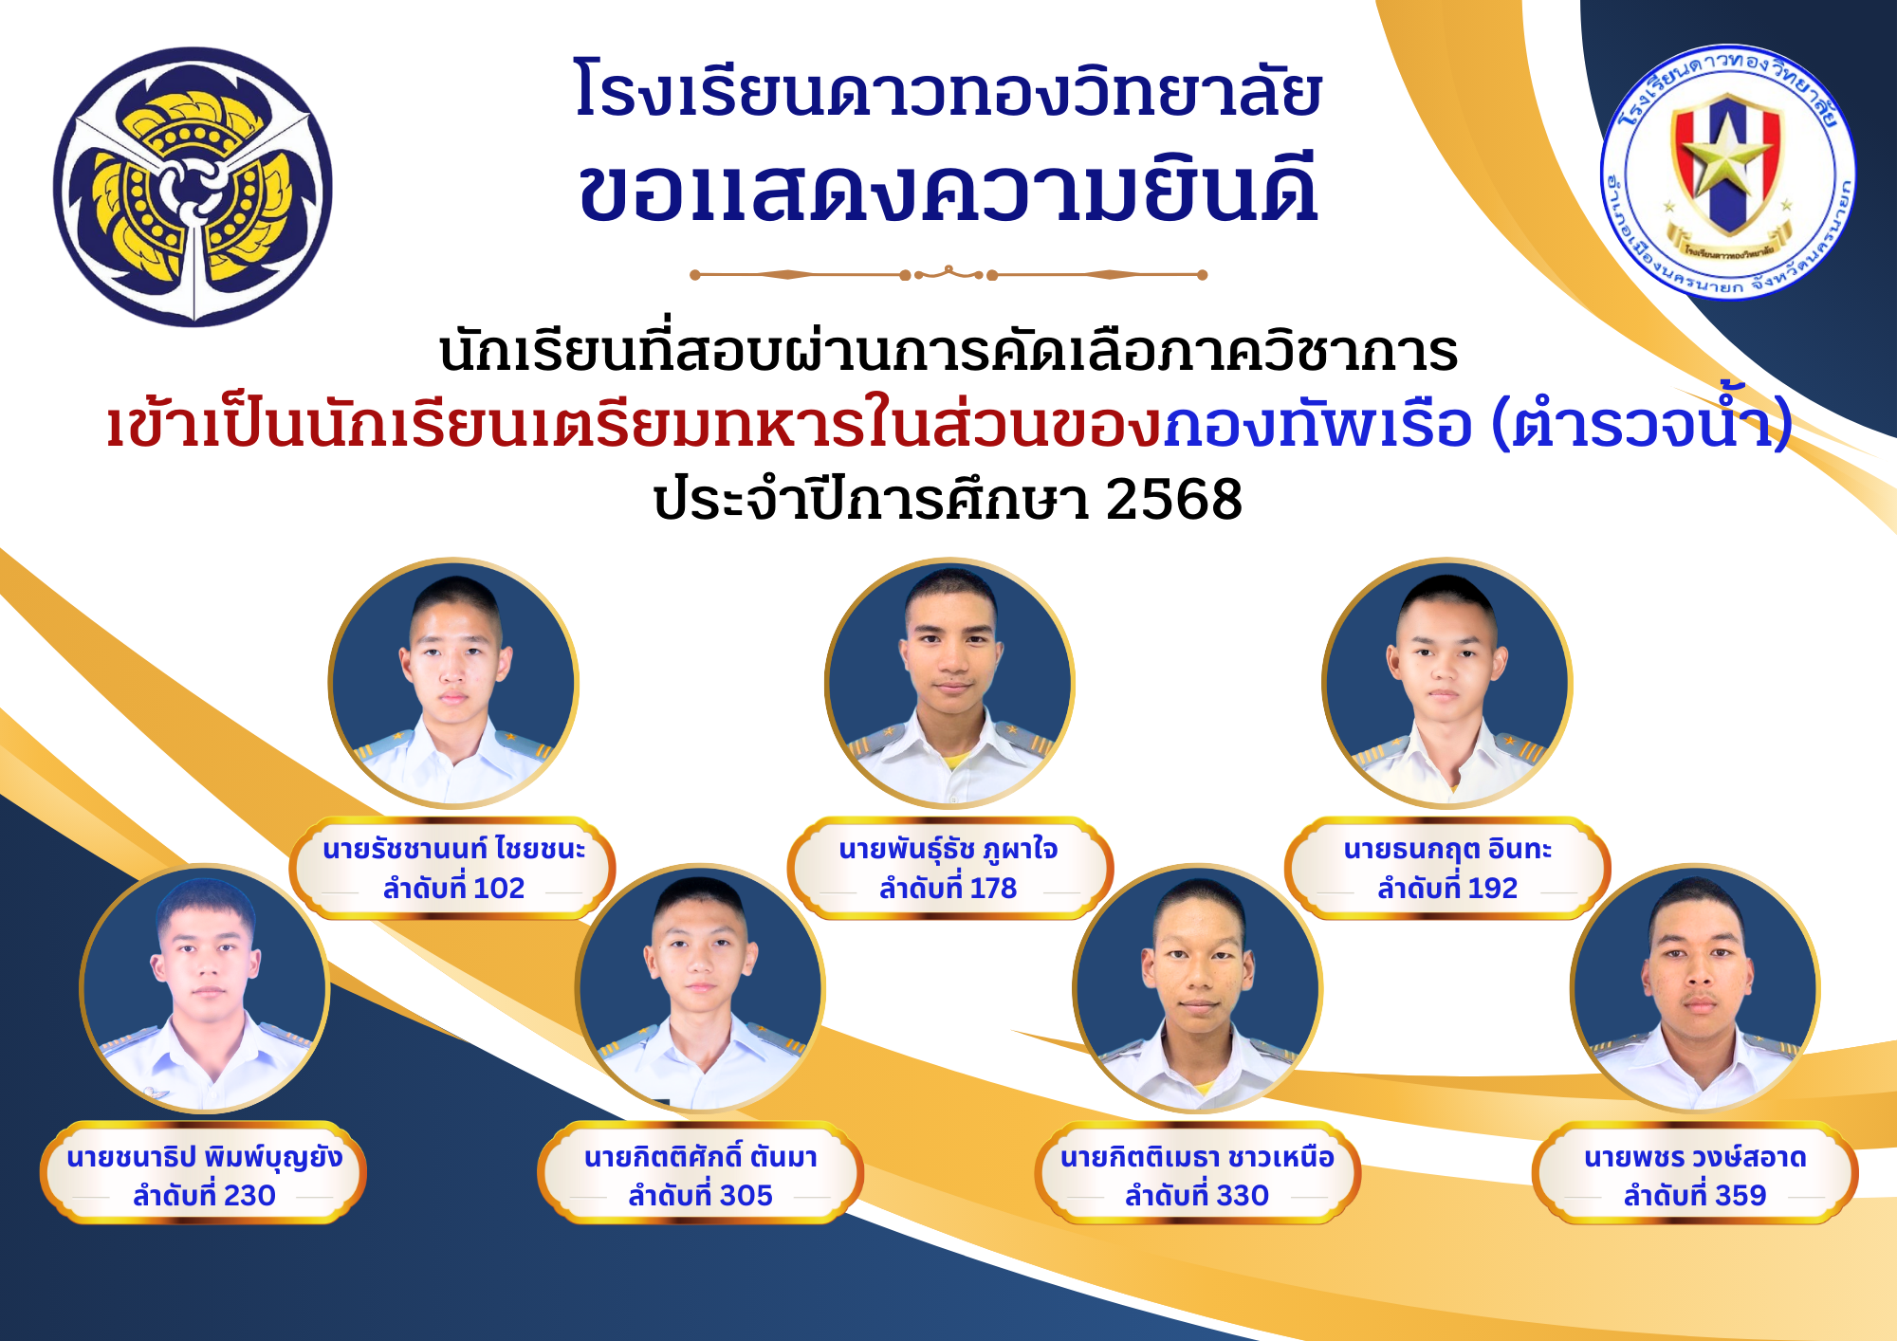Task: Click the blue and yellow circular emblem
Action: (193, 187)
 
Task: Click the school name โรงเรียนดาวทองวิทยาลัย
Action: (948, 90)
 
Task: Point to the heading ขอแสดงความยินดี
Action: (948, 189)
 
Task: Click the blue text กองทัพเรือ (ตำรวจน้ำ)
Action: (1478, 423)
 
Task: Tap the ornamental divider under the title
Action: (948, 275)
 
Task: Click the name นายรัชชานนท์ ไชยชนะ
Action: (453, 849)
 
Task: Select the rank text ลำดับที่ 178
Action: (948, 889)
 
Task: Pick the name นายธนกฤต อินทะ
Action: (1447, 849)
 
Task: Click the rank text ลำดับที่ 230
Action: (204, 1196)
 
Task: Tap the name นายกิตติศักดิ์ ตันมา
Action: (700, 1157)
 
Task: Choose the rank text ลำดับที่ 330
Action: (1197, 1196)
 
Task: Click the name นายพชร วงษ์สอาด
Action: (1695, 1157)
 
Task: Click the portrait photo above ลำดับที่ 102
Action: (453, 683)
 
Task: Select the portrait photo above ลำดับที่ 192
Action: (1447, 683)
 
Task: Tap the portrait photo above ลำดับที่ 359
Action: (1695, 988)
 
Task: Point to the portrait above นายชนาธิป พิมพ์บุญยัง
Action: (204, 988)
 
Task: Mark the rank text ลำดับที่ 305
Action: (700, 1196)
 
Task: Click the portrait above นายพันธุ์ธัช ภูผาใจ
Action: (949, 683)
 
